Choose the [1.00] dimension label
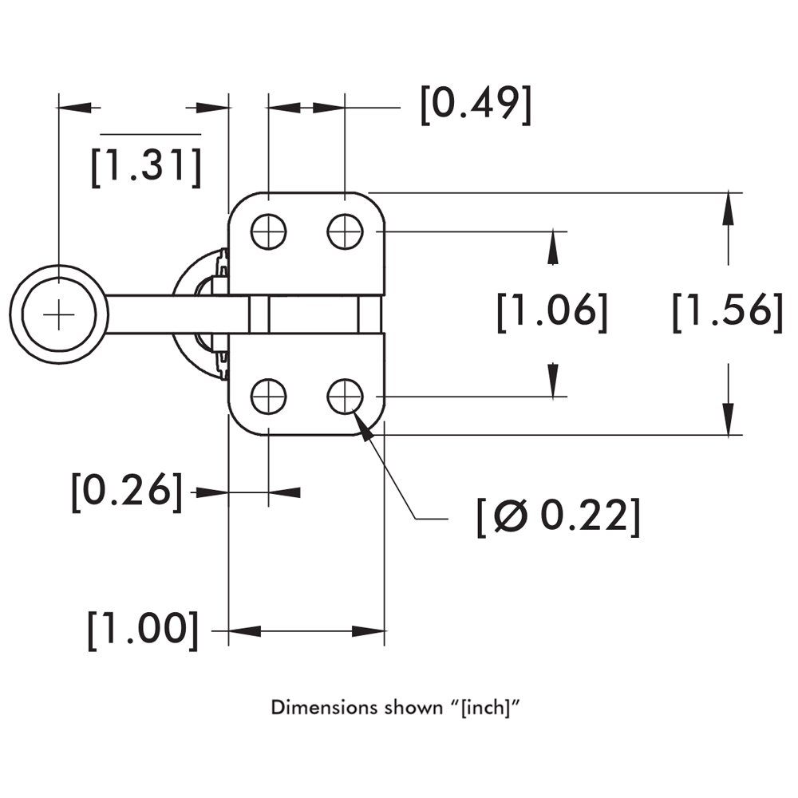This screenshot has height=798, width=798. click(x=143, y=630)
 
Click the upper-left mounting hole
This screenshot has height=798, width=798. click(x=268, y=232)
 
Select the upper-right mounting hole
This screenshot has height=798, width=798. click(x=345, y=232)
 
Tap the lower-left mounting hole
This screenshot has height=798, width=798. click(x=268, y=397)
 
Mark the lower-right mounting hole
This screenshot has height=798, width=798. click(x=345, y=397)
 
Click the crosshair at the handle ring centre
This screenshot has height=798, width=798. click(x=58, y=314)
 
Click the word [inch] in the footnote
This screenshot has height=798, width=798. click(x=486, y=708)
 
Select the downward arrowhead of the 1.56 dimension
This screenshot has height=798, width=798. click(x=728, y=420)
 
